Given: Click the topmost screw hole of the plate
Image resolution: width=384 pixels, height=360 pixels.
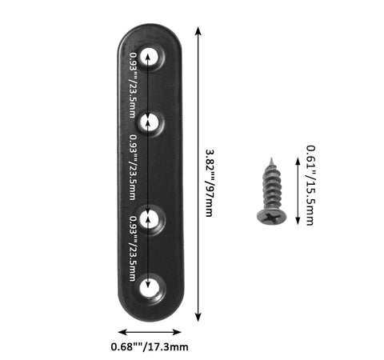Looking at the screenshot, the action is pyautogui.click(x=150, y=58).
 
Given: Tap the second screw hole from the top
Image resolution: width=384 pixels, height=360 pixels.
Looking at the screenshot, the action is pyautogui.click(x=150, y=123).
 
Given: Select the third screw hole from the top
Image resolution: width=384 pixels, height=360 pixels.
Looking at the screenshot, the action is pyautogui.click(x=150, y=219).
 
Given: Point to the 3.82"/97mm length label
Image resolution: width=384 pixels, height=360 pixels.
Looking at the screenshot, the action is pyautogui.click(x=210, y=183).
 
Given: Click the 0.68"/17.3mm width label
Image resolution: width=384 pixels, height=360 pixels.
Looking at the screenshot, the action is pyautogui.click(x=150, y=347).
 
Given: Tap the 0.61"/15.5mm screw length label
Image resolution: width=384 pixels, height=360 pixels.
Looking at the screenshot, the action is pyautogui.click(x=310, y=186).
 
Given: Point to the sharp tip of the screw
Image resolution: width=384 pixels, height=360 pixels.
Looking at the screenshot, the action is pyautogui.click(x=271, y=158).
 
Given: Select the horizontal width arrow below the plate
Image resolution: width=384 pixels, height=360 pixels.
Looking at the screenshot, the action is pyautogui.click(x=150, y=332).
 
